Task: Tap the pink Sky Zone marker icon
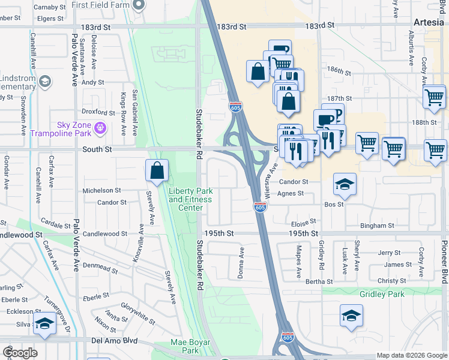pos(100,127)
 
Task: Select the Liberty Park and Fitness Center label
pos(190,200)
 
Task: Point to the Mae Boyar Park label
pos(184,346)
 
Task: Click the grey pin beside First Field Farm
pos(139,5)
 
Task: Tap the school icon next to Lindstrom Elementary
pos(44,81)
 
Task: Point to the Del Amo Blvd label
pos(115,340)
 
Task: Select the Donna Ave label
pos(242,262)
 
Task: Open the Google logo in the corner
pos(20,353)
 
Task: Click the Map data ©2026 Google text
pos(412,355)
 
